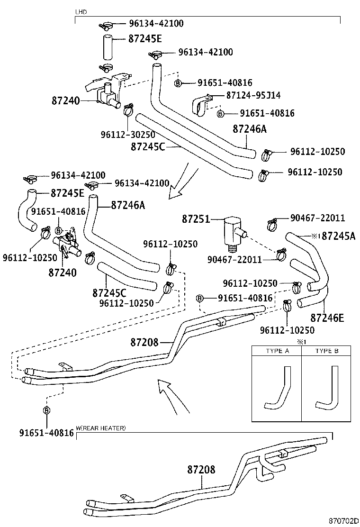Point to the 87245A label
tap(338, 236)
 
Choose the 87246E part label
tap(327, 317)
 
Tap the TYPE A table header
tap(277, 351)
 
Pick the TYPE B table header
tap(327, 351)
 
